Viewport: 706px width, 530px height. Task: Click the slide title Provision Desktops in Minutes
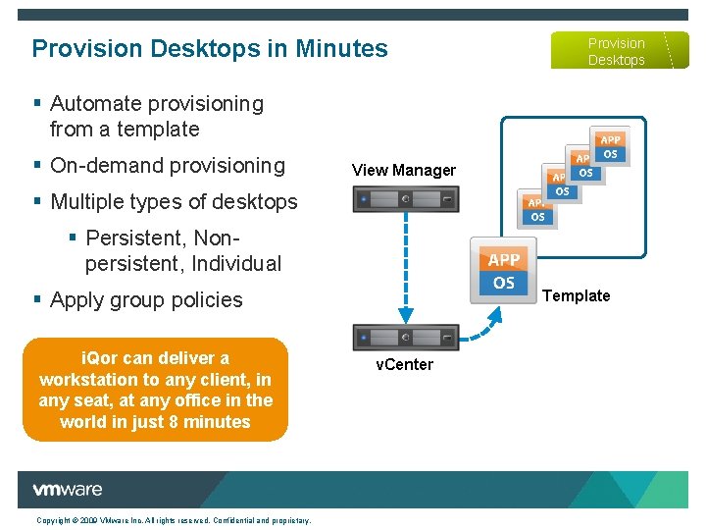pos(210,48)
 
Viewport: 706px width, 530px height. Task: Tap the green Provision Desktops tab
pos(615,51)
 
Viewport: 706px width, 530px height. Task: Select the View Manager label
pos(403,170)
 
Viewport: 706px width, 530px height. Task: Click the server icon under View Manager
pos(405,199)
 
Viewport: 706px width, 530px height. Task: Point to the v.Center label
pos(404,364)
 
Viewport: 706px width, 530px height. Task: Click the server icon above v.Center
pos(405,337)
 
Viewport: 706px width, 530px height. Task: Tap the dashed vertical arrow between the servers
pos(405,265)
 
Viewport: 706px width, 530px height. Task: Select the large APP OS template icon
pos(503,271)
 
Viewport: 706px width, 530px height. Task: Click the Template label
pos(576,295)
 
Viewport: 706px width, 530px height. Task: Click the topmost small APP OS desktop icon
pos(610,147)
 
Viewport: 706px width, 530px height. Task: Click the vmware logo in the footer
pos(67,490)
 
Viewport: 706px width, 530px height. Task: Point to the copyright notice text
pos(174,520)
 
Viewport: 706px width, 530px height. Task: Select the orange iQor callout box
pos(155,390)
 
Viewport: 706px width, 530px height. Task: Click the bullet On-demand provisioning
pos(167,165)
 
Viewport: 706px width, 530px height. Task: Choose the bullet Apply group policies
pos(145,299)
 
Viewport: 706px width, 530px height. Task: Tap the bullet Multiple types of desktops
pos(173,201)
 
